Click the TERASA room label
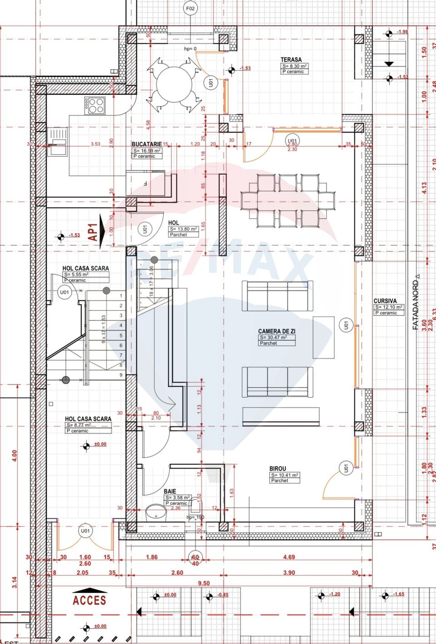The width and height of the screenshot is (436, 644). [291, 60]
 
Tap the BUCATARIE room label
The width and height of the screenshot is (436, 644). [146, 144]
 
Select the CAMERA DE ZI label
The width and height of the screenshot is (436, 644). [277, 331]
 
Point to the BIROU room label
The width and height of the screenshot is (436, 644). [277, 469]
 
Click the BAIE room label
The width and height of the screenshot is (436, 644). [170, 491]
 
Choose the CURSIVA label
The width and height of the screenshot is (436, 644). [385, 301]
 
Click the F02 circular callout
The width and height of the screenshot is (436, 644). [190, 9]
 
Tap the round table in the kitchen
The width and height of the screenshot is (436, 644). [174, 85]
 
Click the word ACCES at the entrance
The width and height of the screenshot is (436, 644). [89, 600]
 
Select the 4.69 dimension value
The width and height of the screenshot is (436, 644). [288, 557]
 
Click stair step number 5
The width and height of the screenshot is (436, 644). [121, 335]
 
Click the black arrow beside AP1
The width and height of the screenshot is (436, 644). [102, 231]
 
